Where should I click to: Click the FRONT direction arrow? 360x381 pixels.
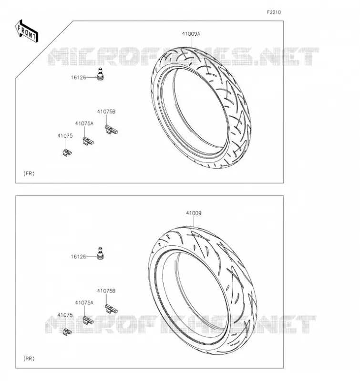[27, 31]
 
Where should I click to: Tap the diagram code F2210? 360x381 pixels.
[274, 12]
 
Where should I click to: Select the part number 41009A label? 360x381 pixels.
[191, 34]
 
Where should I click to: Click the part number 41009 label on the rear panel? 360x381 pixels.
[194, 213]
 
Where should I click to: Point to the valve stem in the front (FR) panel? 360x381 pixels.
[100, 74]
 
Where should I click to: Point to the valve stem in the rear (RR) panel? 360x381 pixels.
[100, 253]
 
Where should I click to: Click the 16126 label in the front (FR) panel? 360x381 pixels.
[78, 78]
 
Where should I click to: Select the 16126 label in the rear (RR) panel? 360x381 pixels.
[78, 257]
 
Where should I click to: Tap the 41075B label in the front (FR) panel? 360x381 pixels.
[106, 112]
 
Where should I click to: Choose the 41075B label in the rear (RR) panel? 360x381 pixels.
[106, 291]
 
